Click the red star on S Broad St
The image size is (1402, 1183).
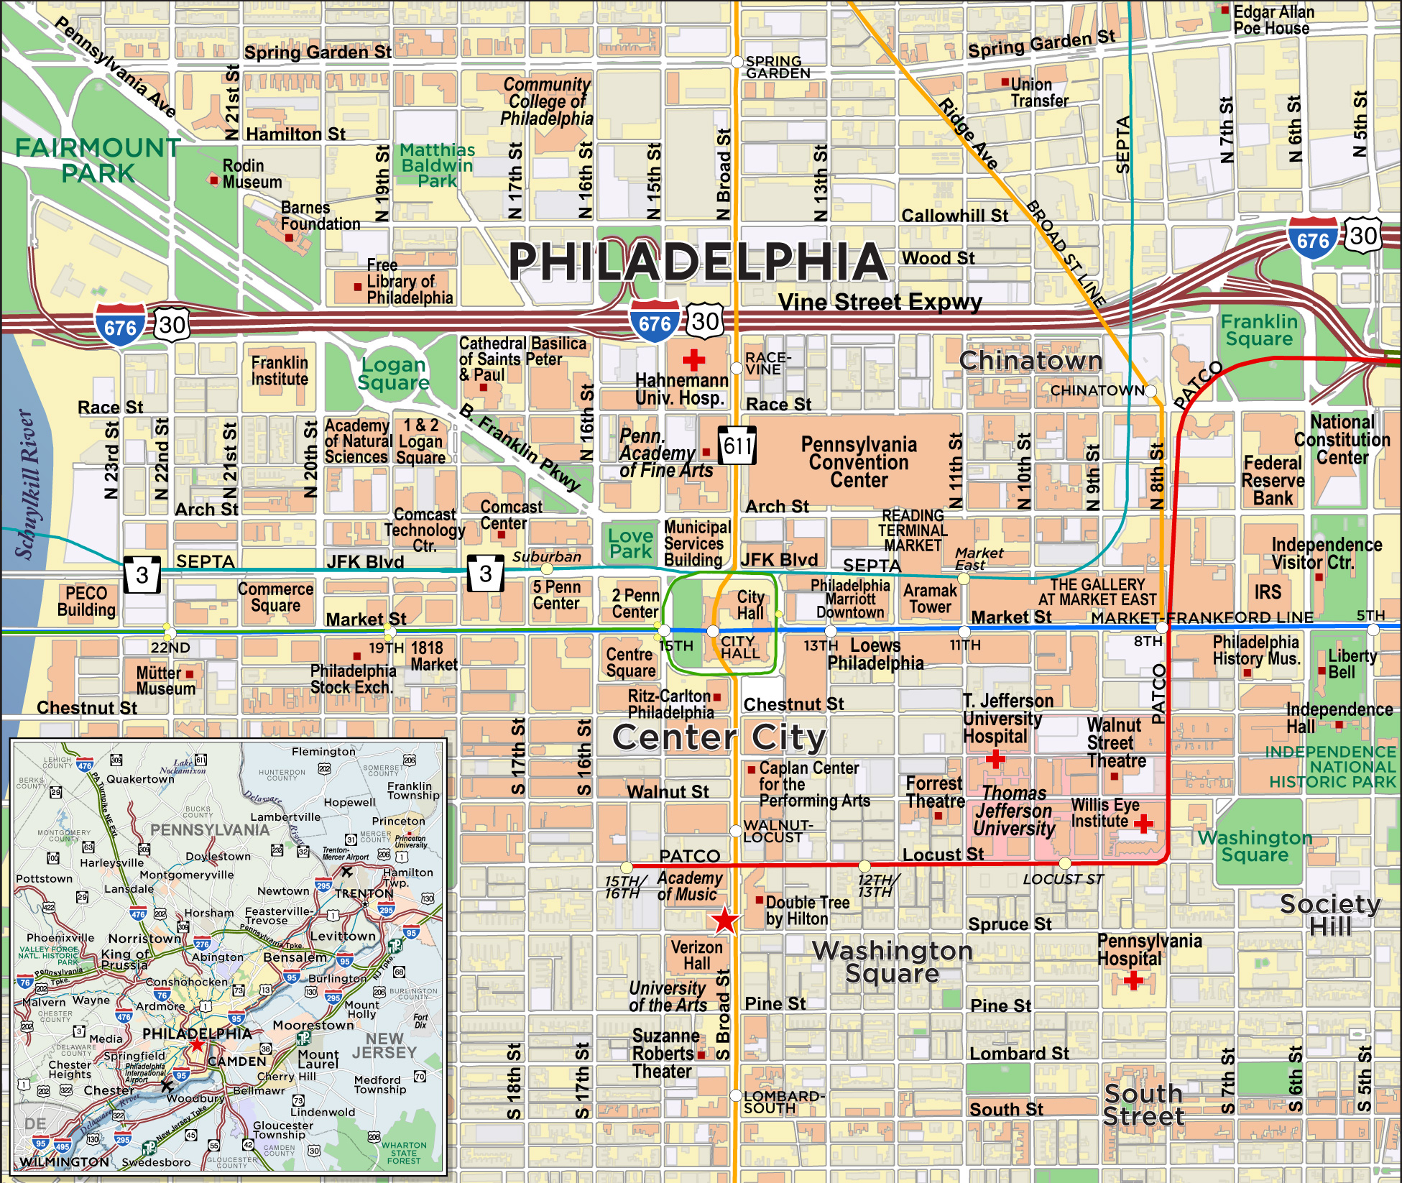(724, 919)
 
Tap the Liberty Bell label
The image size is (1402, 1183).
(1352, 664)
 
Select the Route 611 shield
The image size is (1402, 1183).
(737, 446)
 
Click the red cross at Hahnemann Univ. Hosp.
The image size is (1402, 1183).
(693, 359)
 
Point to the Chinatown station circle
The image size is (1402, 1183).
(1150, 391)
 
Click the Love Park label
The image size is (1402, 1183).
(630, 543)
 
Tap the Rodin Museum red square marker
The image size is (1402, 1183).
(213, 180)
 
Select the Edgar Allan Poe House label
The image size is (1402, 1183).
(1273, 20)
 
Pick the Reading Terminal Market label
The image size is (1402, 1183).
(913, 530)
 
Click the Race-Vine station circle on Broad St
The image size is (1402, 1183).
(737, 368)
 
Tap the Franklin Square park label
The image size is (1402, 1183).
(1259, 330)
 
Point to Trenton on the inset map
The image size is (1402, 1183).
(364, 893)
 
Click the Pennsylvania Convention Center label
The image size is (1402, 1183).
(859, 462)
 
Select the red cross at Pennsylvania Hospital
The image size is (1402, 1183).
(1133, 980)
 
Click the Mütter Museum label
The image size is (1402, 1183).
(165, 680)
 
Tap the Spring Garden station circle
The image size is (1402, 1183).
(737, 62)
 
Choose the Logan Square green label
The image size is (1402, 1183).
(394, 374)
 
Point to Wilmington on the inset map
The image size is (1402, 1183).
(65, 1161)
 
